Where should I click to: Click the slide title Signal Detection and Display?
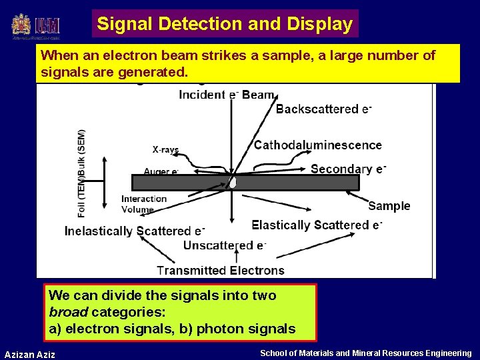[x=225, y=24]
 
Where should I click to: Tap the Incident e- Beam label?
[x=227, y=95]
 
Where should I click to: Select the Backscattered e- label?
[x=323, y=109]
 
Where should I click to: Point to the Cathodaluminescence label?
[x=318, y=145]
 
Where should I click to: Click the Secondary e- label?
[x=348, y=169]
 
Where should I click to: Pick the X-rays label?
[x=165, y=150]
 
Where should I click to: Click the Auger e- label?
[x=161, y=171]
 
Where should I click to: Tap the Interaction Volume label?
[x=143, y=204]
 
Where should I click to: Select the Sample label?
[x=389, y=206]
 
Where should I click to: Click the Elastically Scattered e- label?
[x=316, y=225]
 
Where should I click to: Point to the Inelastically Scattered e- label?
[x=134, y=231]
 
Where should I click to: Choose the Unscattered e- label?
[x=225, y=245]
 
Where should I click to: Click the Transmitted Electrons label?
[x=221, y=270]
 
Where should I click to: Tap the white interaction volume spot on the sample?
[x=232, y=182]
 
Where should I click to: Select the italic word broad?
[x=69, y=312]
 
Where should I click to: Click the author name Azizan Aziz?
[x=30, y=354]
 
